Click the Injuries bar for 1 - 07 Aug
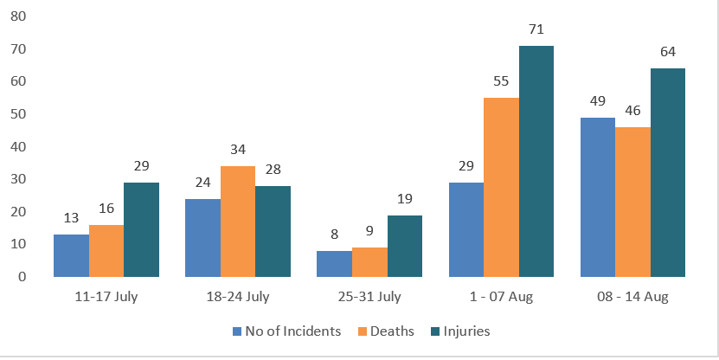pyautogui.click(x=536, y=162)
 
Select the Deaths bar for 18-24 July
pyautogui.click(x=238, y=222)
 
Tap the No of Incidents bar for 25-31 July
pyautogui.click(x=334, y=264)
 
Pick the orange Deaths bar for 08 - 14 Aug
pyautogui.click(x=632, y=202)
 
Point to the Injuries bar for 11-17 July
pyautogui.click(x=141, y=229)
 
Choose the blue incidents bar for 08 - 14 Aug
pyautogui.click(x=598, y=197)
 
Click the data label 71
pyautogui.click(x=536, y=29)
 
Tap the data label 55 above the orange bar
pyautogui.click(x=501, y=81)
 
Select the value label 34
pyautogui.click(x=238, y=150)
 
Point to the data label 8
pyautogui.click(x=334, y=235)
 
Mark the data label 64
pyautogui.click(x=668, y=52)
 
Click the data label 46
pyautogui.click(x=632, y=111)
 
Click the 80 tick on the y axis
pyautogui.click(x=18, y=16)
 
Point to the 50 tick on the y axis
pyautogui.click(x=18, y=113)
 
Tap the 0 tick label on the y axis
pyautogui.click(x=22, y=277)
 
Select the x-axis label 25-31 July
pyautogui.click(x=369, y=297)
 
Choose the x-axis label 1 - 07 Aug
pyautogui.click(x=501, y=297)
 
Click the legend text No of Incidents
pyautogui.click(x=293, y=331)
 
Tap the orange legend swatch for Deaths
pyautogui.click(x=363, y=331)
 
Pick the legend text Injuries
pyautogui.click(x=466, y=331)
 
